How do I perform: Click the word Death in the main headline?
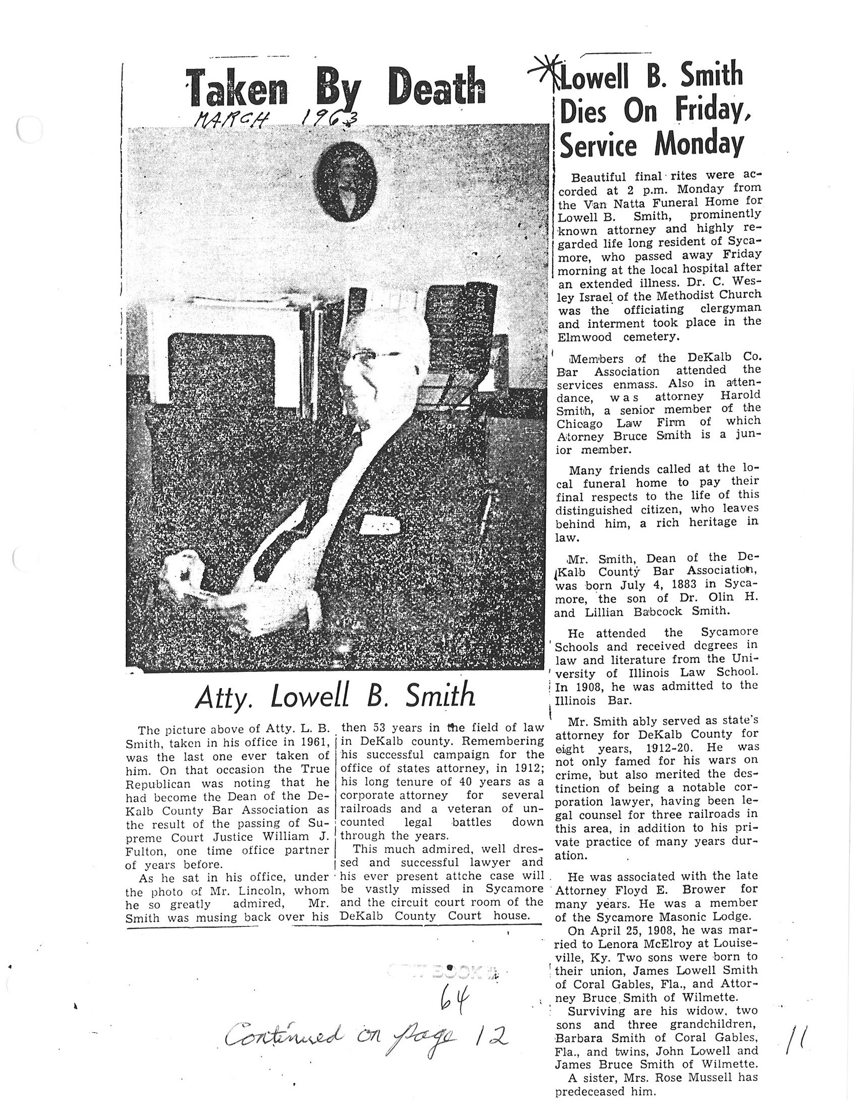tap(437, 88)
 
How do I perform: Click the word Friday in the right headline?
tap(714, 110)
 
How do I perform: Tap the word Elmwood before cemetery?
tap(583, 337)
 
